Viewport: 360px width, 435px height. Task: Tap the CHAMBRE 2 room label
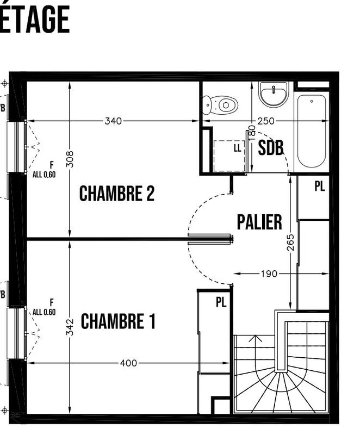pyautogui.click(x=117, y=194)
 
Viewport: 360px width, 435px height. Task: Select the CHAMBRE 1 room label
pyautogui.click(x=118, y=321)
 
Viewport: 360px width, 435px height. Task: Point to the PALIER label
pyautogui.click(x=259, y=222)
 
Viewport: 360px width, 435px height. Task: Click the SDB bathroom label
pyautogui.click(x=271, y=148)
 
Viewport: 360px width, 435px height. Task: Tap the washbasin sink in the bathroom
pyautogui.click(x=274, y=95)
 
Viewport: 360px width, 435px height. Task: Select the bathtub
pyautogui.click(x=312, y=130)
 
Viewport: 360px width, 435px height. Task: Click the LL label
pyautogui.click(x=237, y=147)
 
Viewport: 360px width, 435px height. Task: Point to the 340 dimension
pyautogui.click(x=113, y=121)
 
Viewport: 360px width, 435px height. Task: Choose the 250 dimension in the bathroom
pyautogui.click(x=265, y=121)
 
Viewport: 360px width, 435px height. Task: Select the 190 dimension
pyautogui.click(x=269, y=274)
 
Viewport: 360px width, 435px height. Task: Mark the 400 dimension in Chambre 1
pyautogui.click(x=128, y=363)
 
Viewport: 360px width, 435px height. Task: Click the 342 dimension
pyautogui.click(x=70, y=326)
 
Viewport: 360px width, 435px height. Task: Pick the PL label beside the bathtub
pyautogui.click(x=319, y=187)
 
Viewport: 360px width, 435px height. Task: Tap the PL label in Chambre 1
pyautogui.click(x=221, y=303)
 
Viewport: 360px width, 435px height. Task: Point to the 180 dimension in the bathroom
pyautogui.click(x=251, y=133)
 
